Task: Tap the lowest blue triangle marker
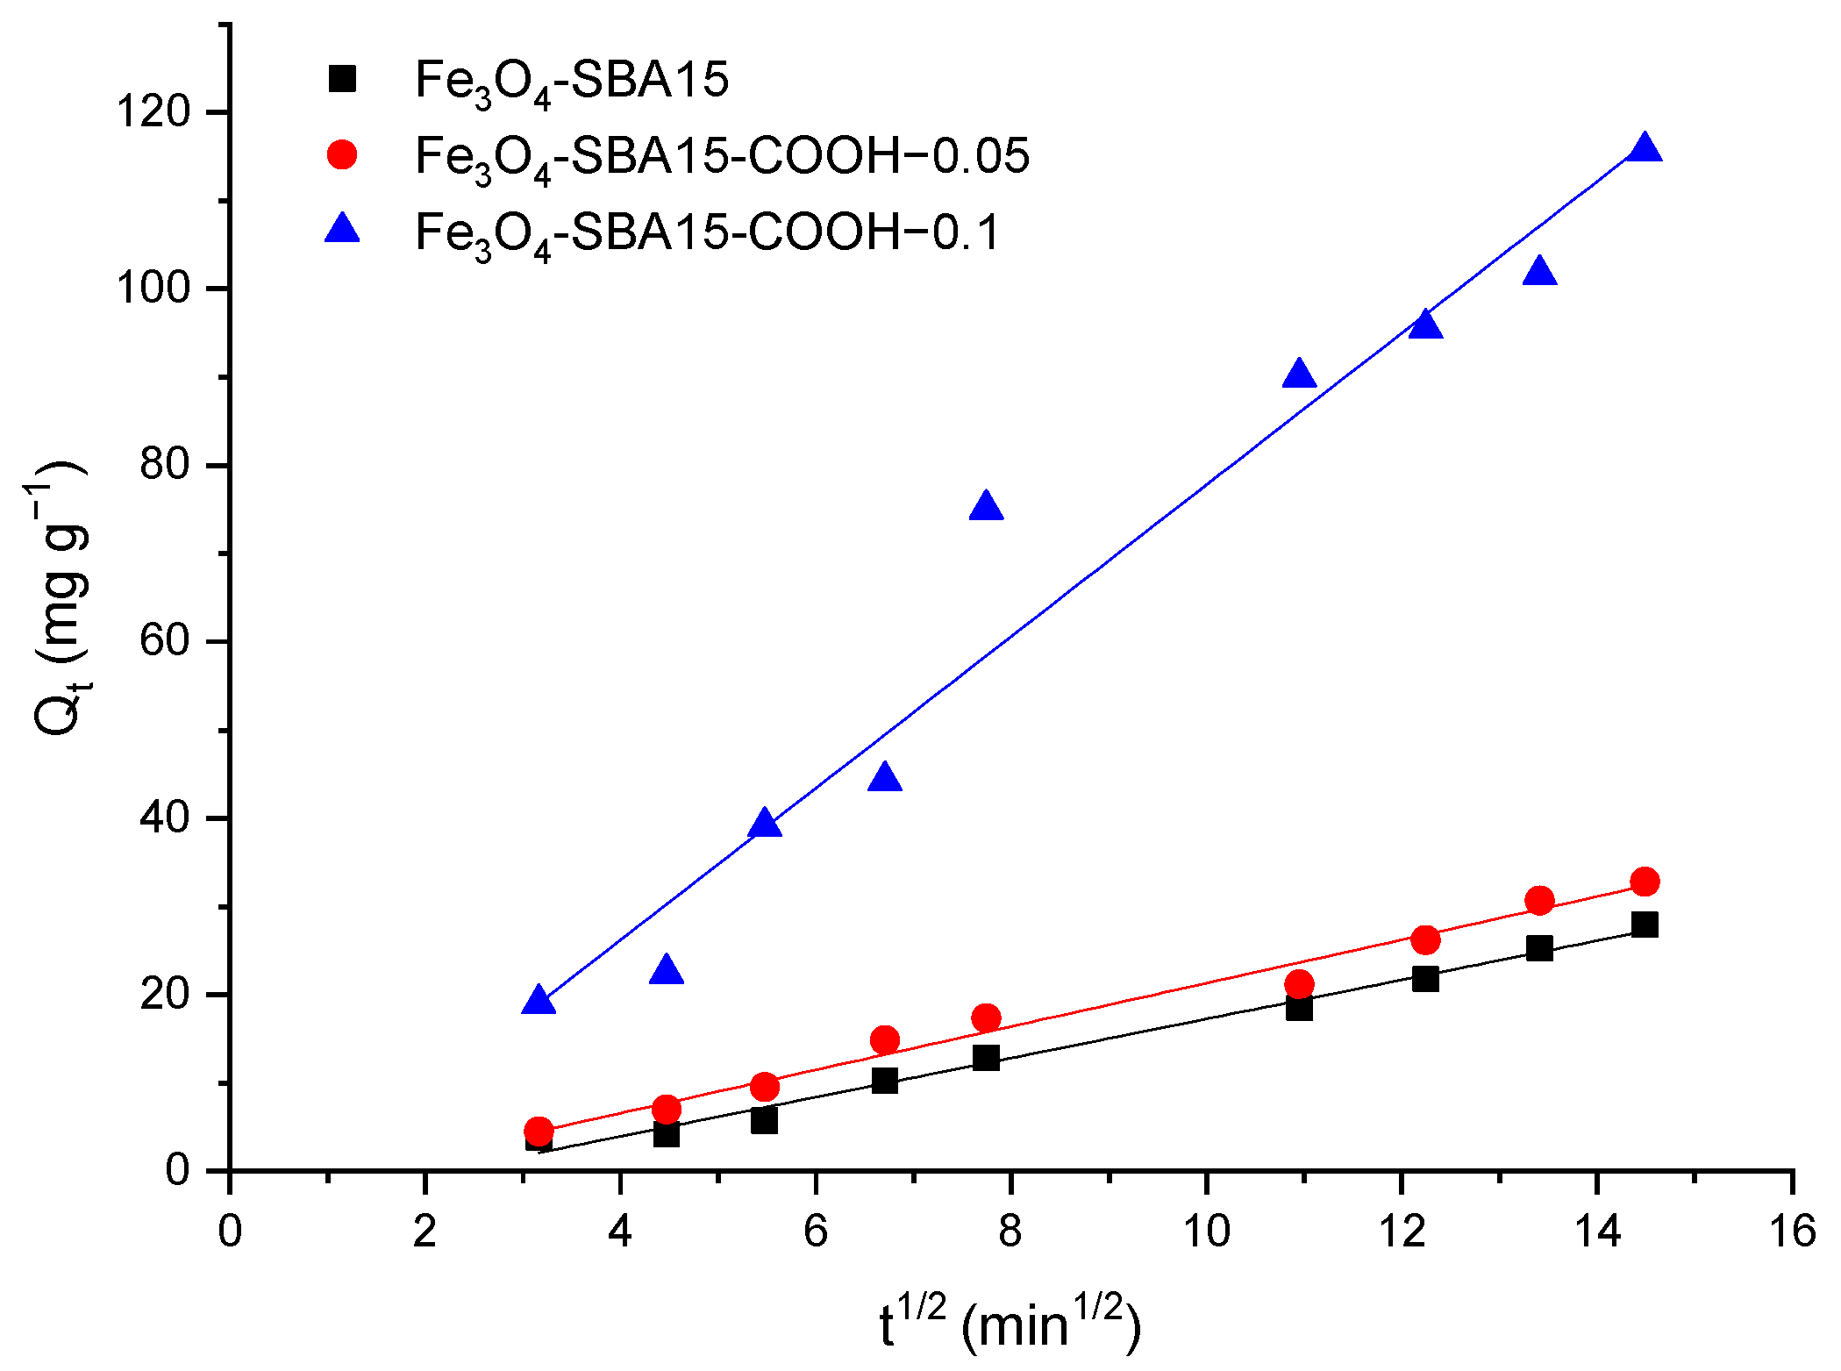(x=539, y=1002)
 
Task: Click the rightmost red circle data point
(x=1645, y=882)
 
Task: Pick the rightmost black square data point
(x=1645, y=925)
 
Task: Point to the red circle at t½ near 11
(x=1299, y=984)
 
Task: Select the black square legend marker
(x=342, y=79)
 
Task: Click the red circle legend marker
(x=342, y=155)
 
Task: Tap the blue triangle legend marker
(x=342, y=231)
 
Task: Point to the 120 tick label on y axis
(x=153, y=112)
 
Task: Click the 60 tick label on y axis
(x=164, y=641)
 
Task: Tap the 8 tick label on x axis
(x=1010, y=1232)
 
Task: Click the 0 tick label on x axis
(x=230, y=1232)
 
